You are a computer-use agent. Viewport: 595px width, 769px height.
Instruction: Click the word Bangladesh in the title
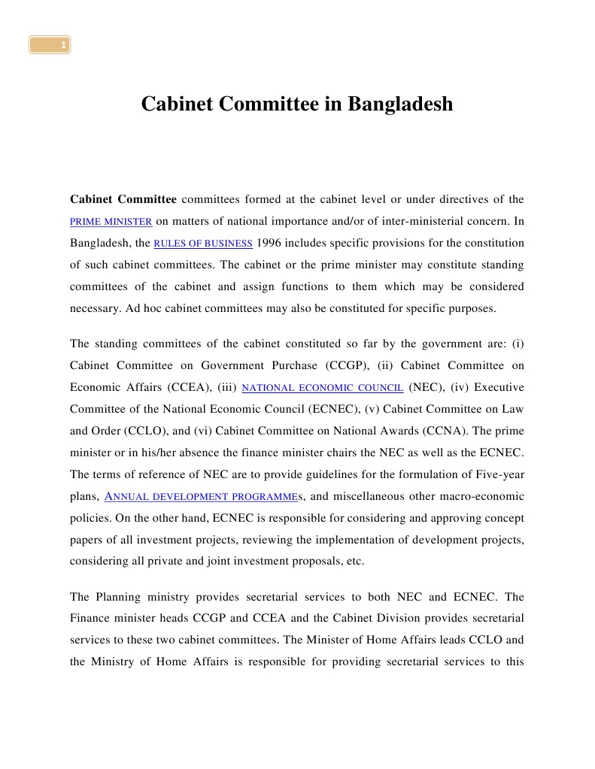click(x=400, y=104)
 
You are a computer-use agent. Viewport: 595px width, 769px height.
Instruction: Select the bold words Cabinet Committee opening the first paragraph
click(x=123, y=199)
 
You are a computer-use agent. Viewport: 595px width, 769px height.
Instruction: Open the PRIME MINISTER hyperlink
click(x=111, y=222)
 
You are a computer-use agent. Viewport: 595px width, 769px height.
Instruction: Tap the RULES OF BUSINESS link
click(x=203, y=244)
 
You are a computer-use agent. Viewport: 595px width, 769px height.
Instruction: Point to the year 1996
click(x=271, y=244)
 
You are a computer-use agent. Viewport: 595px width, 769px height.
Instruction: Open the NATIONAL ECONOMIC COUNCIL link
click(x=323, y=387)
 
